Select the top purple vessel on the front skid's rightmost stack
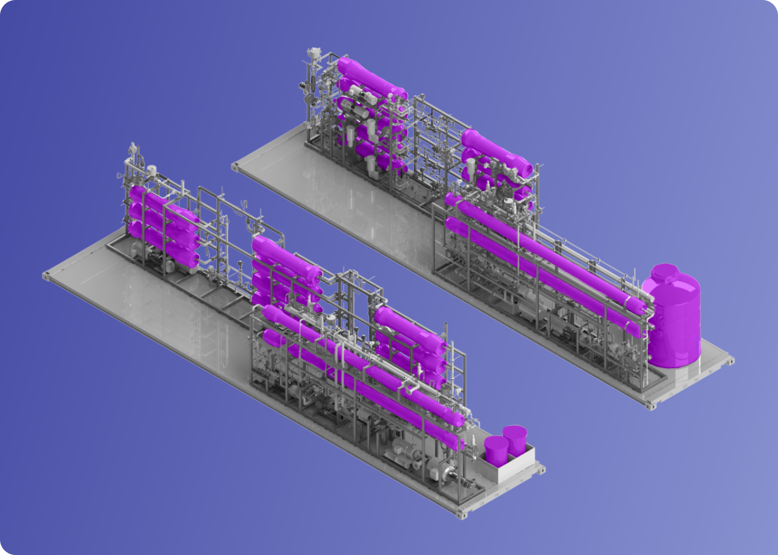click(x=410, y=329)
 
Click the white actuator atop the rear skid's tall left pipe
click(x=314, y=53)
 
